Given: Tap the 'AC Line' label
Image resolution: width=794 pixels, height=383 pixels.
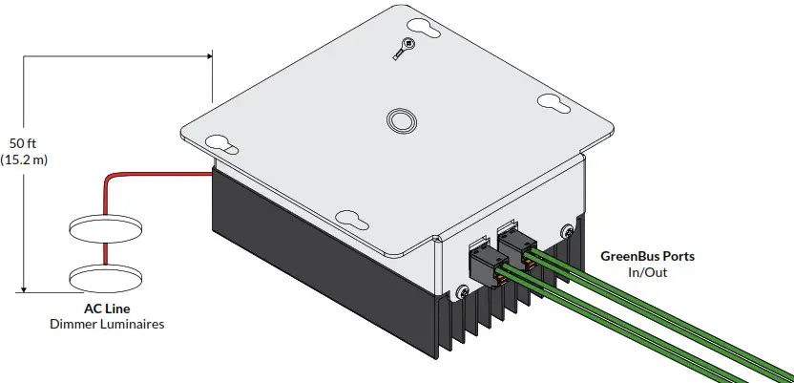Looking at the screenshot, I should (x=106, y=309).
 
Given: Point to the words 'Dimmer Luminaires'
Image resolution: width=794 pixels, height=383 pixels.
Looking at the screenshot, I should (x=106, y=325).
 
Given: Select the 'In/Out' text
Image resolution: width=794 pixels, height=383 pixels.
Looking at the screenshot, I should (x=648, y=273).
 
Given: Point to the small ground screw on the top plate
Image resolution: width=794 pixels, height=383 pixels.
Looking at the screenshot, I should (x=408, y=43).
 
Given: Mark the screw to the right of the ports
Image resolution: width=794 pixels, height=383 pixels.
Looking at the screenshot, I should (x=568, y=229).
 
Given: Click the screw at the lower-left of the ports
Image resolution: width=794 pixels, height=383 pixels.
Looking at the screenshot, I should (x=464, y=290).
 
